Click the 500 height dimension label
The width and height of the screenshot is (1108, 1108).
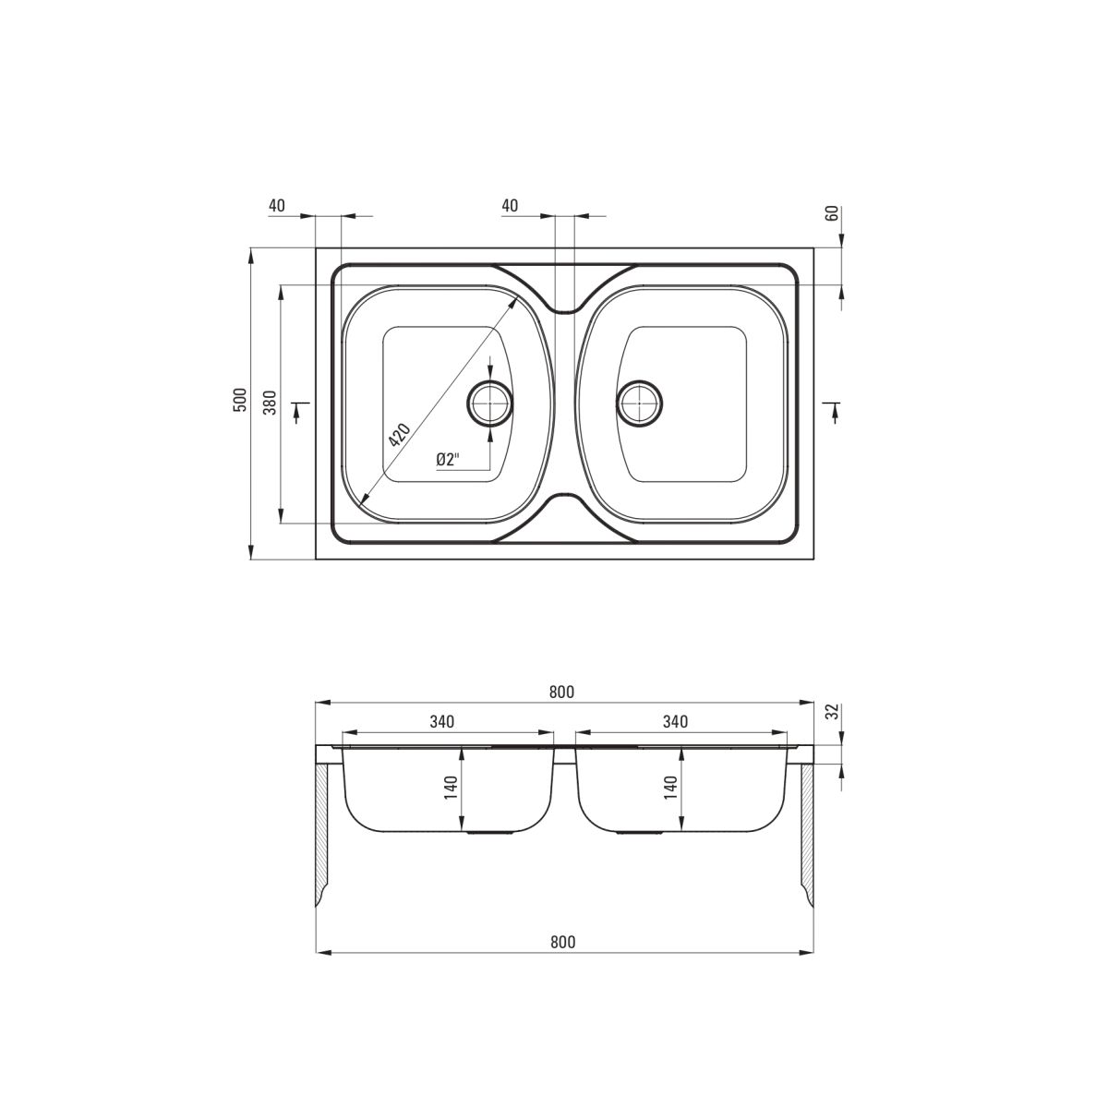[240, 400]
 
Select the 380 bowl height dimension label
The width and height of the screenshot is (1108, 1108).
[271, 402]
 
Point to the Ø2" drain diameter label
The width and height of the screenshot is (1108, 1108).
[449, 460]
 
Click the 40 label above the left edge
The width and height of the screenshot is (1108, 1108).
[277, 205]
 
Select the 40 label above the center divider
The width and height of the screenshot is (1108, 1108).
[510, 205]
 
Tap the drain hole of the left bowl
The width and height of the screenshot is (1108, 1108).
[490, 403]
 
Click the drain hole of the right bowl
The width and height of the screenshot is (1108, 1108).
[639, 403]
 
